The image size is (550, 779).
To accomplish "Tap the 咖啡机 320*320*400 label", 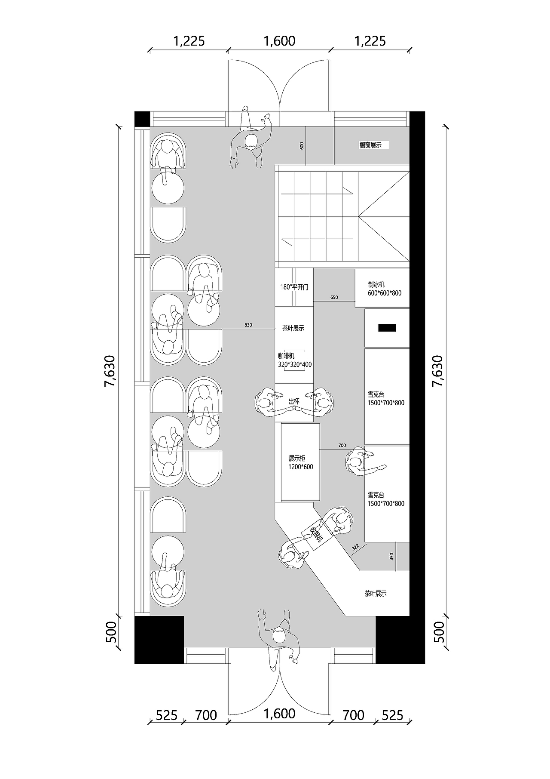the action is coord(295,360).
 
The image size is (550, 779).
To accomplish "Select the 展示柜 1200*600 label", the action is coord(301,463).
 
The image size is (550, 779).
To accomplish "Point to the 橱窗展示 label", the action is coord(370,145).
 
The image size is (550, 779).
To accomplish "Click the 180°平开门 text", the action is coord(294,287).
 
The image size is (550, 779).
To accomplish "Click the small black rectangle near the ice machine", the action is coord(387,328).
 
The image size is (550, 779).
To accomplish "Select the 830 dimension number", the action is coord(248,325).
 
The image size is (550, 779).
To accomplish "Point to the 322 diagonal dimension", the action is coord(355,548).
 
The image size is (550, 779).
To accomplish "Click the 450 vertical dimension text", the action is coord(391,556).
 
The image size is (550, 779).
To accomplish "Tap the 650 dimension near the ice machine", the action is coord(334,298).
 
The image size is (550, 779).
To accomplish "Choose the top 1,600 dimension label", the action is coord(279,41).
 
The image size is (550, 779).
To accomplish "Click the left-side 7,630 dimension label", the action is coord(110,372).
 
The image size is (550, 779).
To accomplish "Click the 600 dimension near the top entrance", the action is coord(302,145).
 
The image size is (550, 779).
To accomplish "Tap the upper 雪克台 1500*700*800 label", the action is coord(386,399).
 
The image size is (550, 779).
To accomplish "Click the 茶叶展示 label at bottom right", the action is coord(376,594).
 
